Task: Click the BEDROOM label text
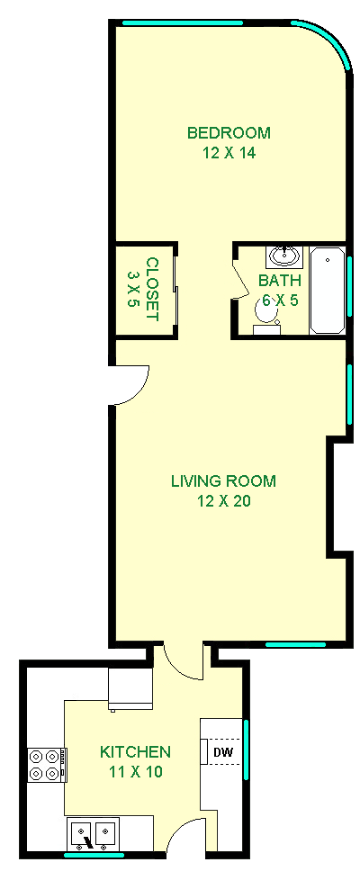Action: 229,133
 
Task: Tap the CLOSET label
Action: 151,290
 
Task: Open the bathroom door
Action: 239,280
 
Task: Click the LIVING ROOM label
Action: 223,480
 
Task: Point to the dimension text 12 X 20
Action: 223,500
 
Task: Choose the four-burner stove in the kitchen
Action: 46,765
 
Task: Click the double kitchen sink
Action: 94,833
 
